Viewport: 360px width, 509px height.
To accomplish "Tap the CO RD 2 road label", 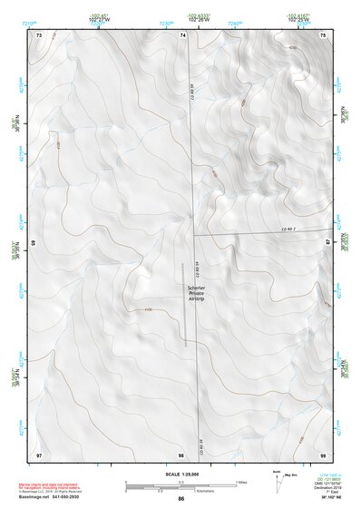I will [289, 229].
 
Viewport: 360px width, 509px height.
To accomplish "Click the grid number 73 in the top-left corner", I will [39, 34].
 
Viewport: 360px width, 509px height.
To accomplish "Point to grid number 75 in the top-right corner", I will [323, 34].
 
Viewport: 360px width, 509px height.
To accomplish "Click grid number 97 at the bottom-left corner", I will [39, 453].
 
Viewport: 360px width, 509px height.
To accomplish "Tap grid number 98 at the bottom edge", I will [181, 453].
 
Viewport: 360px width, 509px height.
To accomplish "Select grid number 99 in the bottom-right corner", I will [323, 453].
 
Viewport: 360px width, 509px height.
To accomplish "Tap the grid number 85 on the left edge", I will [34, 243].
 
